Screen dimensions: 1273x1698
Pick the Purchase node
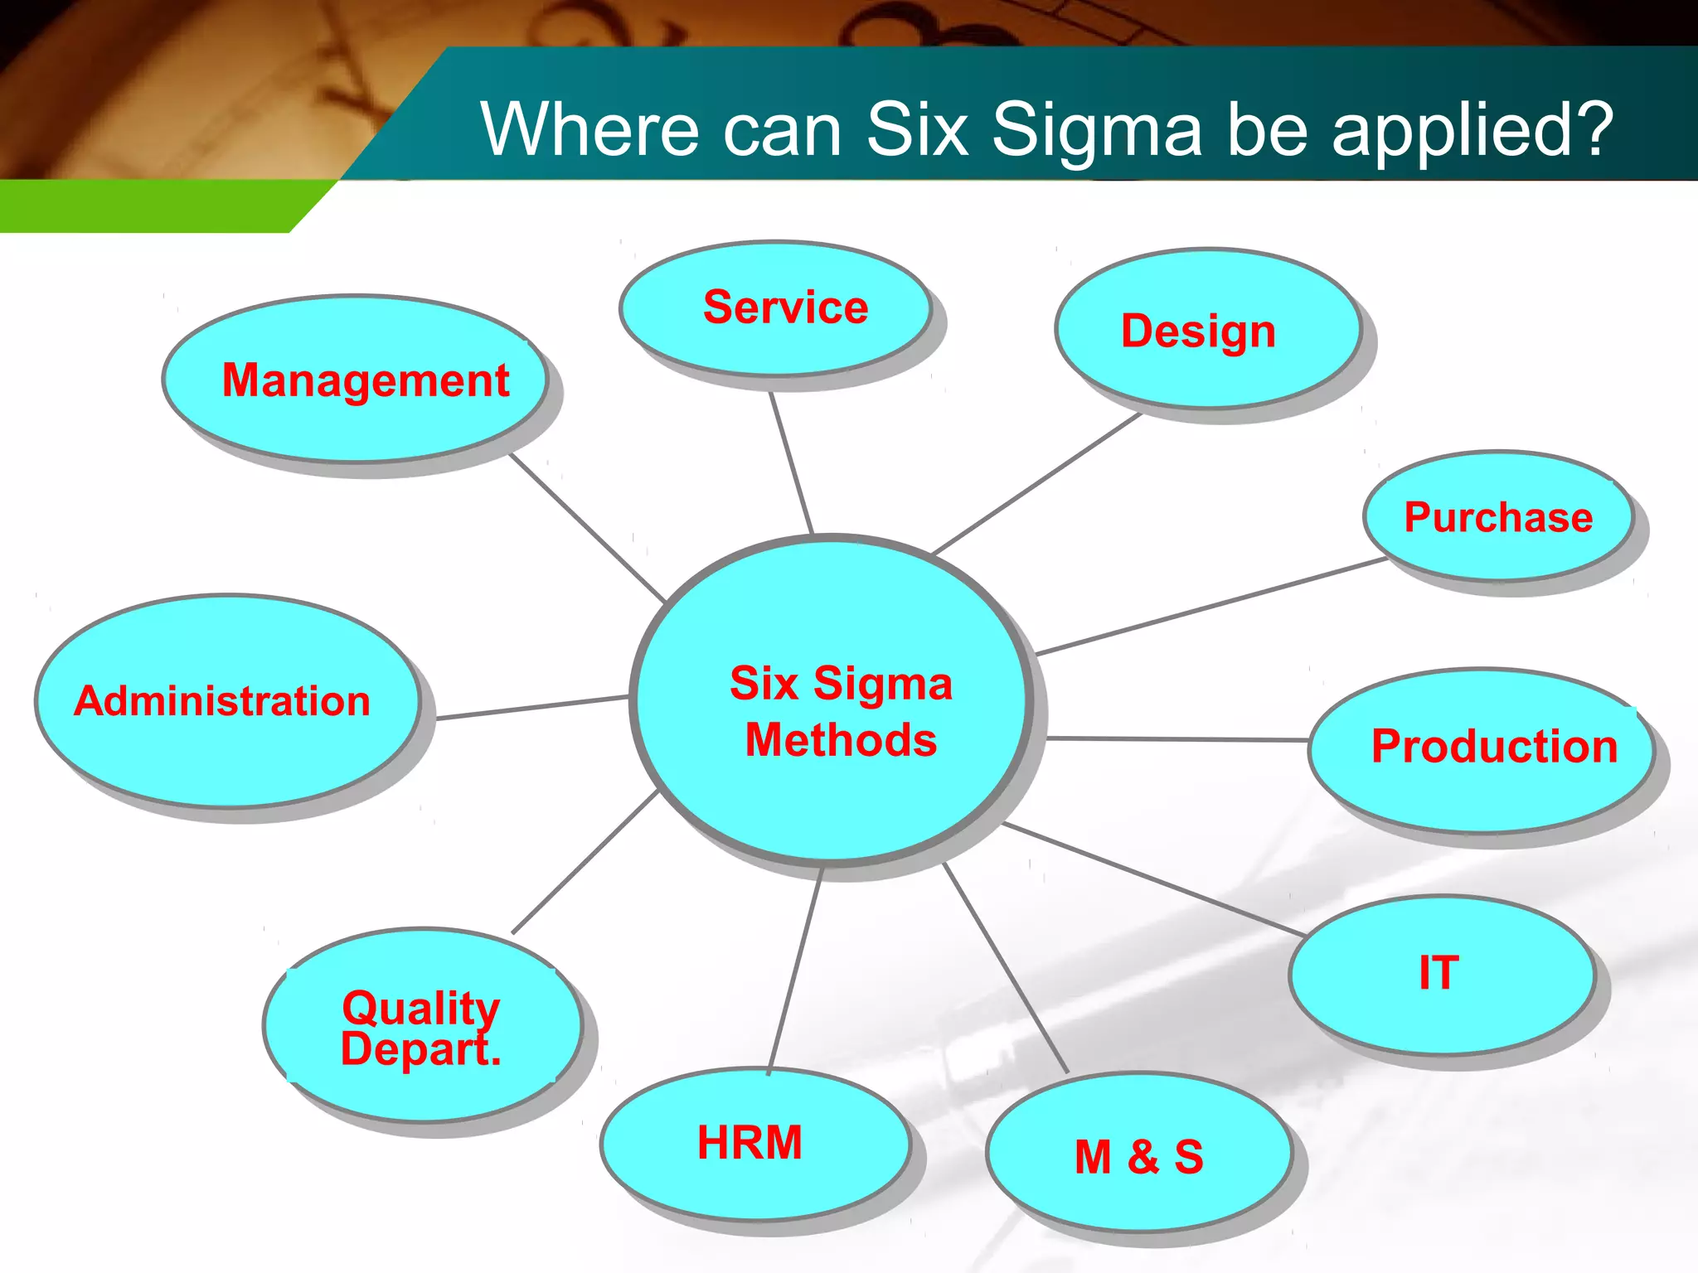[1498, 516]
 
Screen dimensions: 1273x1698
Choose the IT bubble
[1441, 974]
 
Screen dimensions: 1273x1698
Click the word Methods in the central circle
[841, 740]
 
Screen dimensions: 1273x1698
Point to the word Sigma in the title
[1096, 129]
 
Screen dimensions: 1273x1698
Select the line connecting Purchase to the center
[1210, 607]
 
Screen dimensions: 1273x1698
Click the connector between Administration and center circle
[531, 708]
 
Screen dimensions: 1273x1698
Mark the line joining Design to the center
[1036, 484]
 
